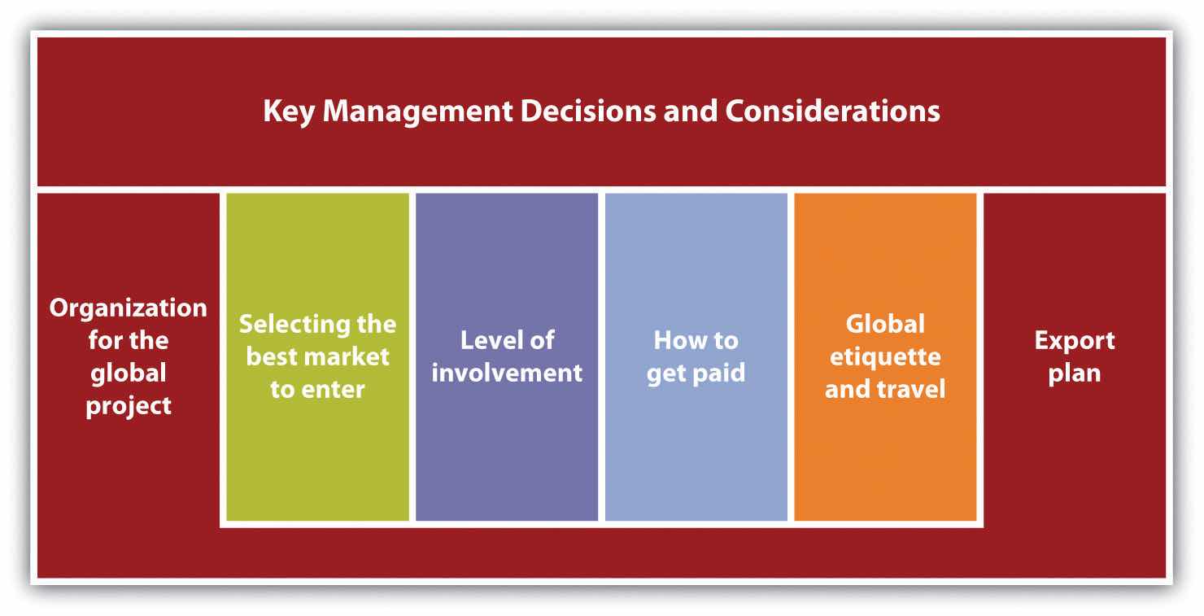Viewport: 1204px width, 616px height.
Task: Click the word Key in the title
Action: click(x=289, y=111)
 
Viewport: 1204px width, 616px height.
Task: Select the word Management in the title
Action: click(x=417, y=111)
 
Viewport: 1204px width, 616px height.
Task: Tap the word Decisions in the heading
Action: click(x=588, y=111)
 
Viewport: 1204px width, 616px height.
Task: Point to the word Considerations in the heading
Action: click(x=832, y=111)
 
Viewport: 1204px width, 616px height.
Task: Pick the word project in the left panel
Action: click(x=129, y=407)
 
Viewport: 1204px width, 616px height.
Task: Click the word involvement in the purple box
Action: click(x=507, y=373)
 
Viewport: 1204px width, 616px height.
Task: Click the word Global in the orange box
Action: click(x=885, y=324)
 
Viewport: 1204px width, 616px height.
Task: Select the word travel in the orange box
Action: click(x=911, y=390)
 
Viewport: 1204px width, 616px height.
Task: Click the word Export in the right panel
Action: click(x=1075, y=341)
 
